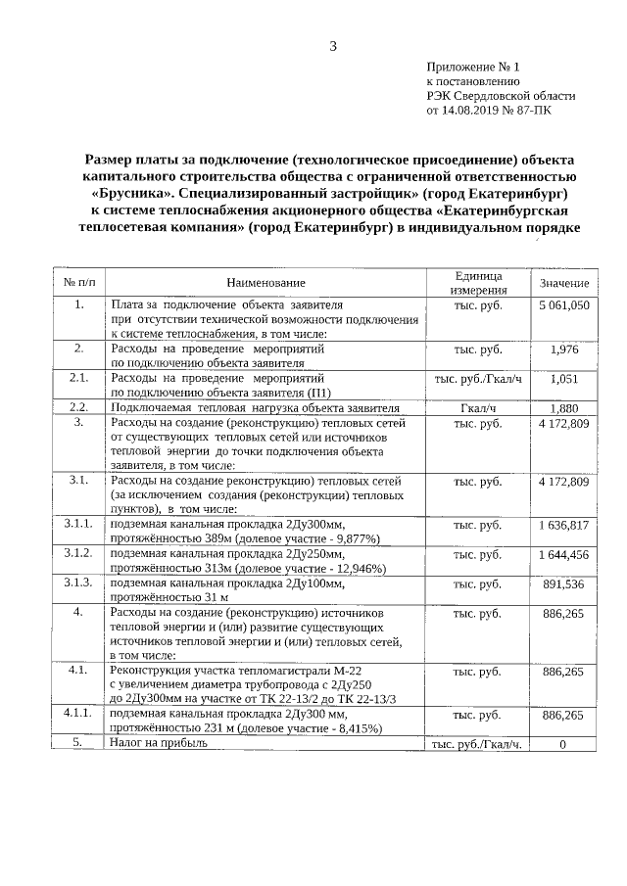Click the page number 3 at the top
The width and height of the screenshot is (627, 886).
click(333, 46)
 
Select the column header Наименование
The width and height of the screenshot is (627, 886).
click(265, 283)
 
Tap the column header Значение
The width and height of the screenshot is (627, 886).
click(563, 283)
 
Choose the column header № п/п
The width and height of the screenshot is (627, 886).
click(78, 283)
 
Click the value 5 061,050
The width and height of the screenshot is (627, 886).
click(563, 305)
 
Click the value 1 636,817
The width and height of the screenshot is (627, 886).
click(563, 525)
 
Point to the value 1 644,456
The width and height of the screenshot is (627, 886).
click(563, 554)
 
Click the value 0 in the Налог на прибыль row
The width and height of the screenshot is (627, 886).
click(563, 744)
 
